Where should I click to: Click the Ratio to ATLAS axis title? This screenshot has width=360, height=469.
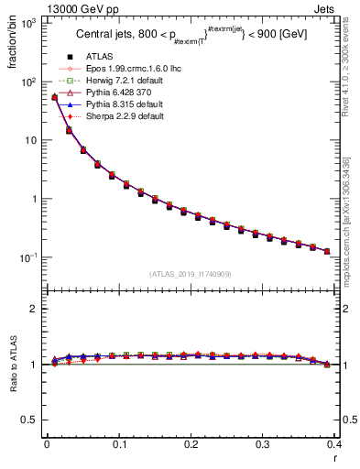pyautogui.click(x=12, y=365)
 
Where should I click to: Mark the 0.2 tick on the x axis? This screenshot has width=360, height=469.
pyautogui.click(x=191, y=445)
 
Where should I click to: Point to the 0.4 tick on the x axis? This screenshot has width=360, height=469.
pyautogui.click(x=334, y=445)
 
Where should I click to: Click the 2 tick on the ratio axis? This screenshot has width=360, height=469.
pyautogui.click(x=35, y=309)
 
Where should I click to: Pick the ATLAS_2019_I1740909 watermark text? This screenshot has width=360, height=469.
pyautogui.click(x=191, y=274)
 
